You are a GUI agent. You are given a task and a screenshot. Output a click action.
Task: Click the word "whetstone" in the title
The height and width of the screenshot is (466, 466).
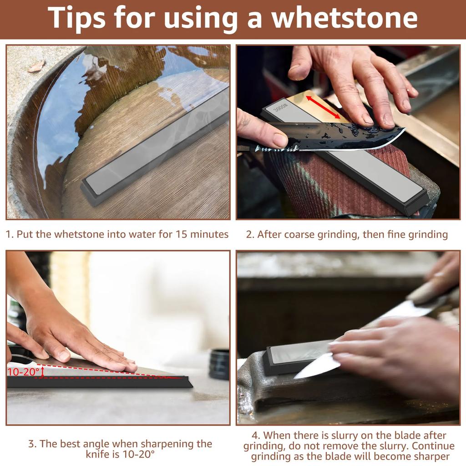point(344,18)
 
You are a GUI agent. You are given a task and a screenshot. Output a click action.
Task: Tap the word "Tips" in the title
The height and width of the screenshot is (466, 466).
point(76,18)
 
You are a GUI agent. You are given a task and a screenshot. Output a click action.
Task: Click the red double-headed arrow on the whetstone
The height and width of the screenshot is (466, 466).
point(323,107)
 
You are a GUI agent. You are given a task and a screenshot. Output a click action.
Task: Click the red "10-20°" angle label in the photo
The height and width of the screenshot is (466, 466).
point(23,372)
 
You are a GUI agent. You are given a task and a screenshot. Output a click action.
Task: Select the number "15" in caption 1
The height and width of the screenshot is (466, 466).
point(181,234)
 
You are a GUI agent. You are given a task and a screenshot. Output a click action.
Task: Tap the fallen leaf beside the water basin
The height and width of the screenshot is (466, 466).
point(37,66)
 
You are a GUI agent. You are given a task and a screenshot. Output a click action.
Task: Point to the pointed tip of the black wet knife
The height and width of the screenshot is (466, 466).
point(404,128)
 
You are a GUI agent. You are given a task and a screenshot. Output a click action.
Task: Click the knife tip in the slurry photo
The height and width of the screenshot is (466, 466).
point(295,377)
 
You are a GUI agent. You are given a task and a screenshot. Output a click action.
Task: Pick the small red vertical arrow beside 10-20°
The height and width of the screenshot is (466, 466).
point(42,372)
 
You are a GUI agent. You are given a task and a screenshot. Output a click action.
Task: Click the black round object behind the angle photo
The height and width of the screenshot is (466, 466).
point(219,364)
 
